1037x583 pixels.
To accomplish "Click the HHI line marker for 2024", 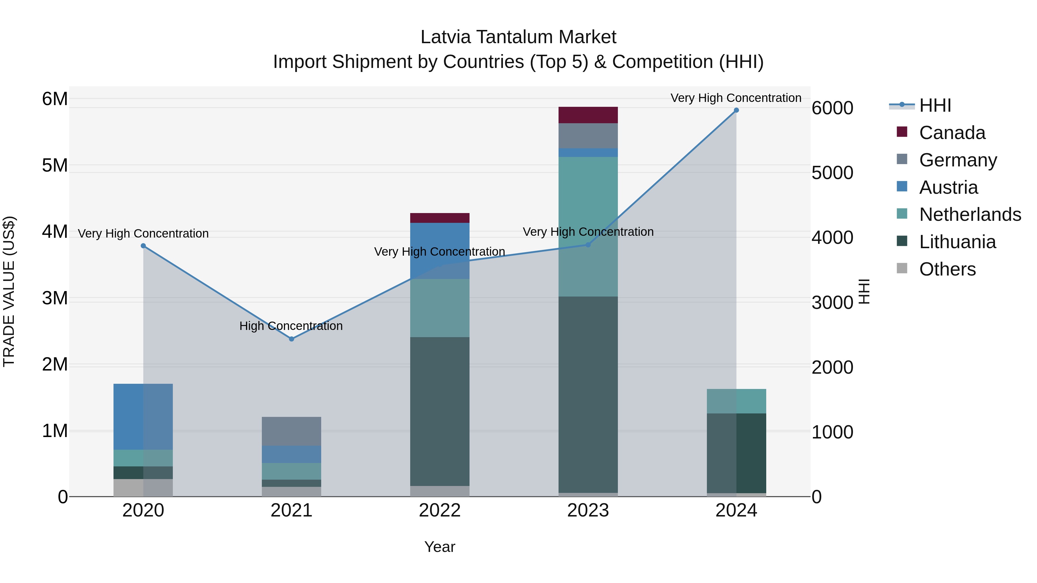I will (x=736, y=110).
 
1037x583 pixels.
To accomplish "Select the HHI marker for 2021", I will (x=292, y=339).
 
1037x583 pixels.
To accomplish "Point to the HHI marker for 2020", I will (x=143, y=246).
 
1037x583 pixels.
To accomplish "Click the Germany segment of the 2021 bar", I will (x=292, y=431).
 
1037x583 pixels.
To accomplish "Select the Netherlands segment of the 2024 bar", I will (x=736, y=401).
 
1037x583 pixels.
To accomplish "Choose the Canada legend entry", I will (x=952, y=133).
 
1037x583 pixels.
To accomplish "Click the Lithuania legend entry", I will (x=957, y=242).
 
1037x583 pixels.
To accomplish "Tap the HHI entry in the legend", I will (x=935, y=105).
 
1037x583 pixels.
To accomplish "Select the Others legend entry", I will (x=947, y=269).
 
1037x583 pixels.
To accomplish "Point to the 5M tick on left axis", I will (x=55, y=165).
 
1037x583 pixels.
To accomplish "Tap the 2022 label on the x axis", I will (x=440, y=510).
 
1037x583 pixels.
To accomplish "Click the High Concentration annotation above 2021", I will (x=291, y=326).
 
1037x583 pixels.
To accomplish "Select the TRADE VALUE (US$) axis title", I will (x=9, y=291).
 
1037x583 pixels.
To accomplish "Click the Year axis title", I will (x=440, y=547).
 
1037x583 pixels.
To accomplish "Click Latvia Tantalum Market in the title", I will (x=518, y=37).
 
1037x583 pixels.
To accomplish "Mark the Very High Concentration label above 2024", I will (x=736, y=98).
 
